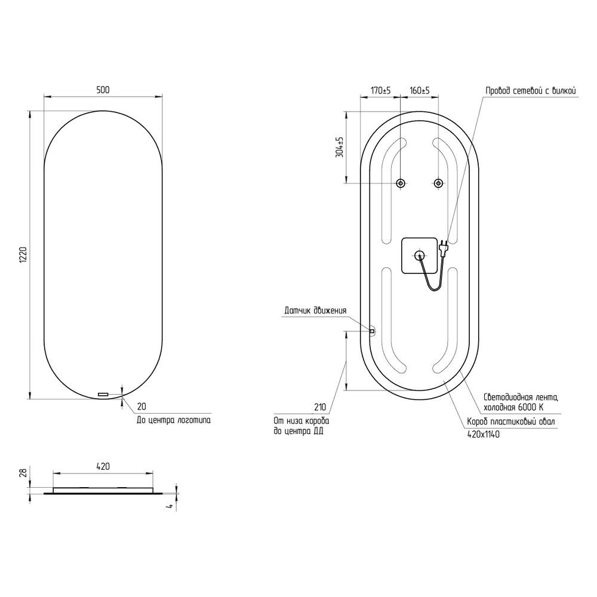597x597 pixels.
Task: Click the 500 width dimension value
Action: point(103,90)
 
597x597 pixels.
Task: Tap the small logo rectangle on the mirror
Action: point(103,394)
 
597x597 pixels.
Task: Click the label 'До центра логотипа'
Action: point(174,420)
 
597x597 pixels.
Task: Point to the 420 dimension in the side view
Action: point(103,466)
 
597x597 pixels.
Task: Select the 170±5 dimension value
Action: point(381,91)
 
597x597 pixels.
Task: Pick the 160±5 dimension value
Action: point(420,91)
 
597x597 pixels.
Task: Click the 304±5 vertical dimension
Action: point(340,147)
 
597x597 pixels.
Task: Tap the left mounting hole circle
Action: point(400,183)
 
